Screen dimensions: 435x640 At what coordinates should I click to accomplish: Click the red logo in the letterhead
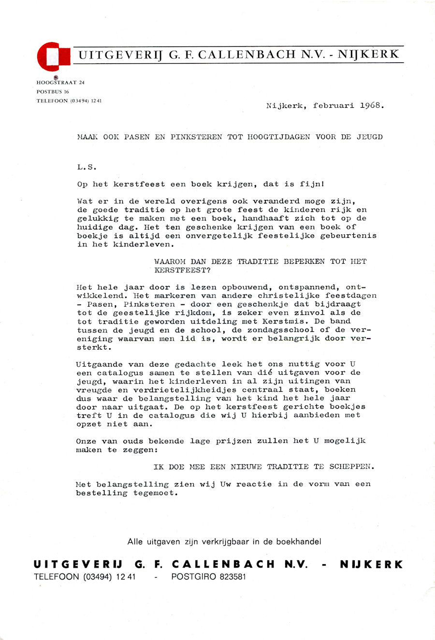pyautogui.click(x=54, y=57)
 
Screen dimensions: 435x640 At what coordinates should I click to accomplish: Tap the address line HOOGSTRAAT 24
pyautogui.click(x=60, y=83)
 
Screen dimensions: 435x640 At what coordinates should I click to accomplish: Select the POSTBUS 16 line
pyautogui.click(x=53, y=92)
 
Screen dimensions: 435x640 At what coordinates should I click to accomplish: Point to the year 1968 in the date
pyautogui.click(x=371, y=105)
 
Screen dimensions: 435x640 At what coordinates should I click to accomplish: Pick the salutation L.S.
pyautogui.click(x=87, y=167)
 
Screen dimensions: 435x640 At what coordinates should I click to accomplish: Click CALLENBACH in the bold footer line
pyautogui.click(x=223, y=564)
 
